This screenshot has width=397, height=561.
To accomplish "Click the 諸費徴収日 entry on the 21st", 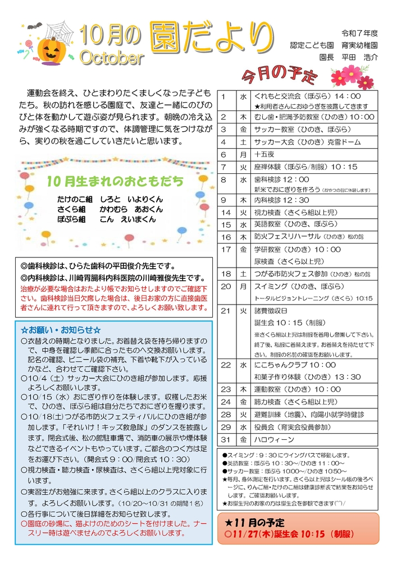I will coord(271,310).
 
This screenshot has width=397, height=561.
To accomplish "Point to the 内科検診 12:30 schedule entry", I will coord(281,200).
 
